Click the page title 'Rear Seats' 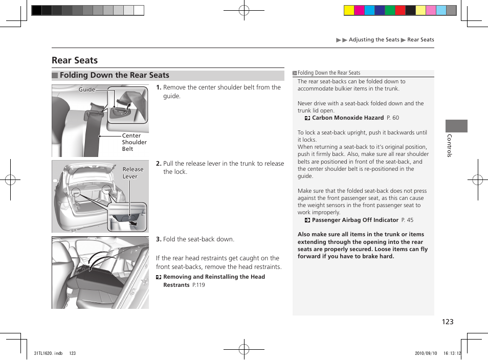point(75,60)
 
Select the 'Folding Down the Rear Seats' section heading point(114,75)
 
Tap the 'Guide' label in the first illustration point(87,89)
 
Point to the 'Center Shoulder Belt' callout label point(134,143)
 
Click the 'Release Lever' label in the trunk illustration point(133,173)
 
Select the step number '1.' point(159,87)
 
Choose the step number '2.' point(159,164)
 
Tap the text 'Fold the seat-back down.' point(198,239)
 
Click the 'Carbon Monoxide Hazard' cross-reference point(347,118)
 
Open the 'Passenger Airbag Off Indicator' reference point(354,220)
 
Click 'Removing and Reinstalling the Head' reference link point(214,277)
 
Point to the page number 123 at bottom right point(448,322)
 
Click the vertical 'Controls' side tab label point(450,146)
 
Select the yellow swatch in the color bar point(349,10)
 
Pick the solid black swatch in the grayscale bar point(36,10)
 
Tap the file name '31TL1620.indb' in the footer point(48,353)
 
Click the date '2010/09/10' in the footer point(424,353)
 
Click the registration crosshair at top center point(244,10)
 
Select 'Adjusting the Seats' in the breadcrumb point(374,40)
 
